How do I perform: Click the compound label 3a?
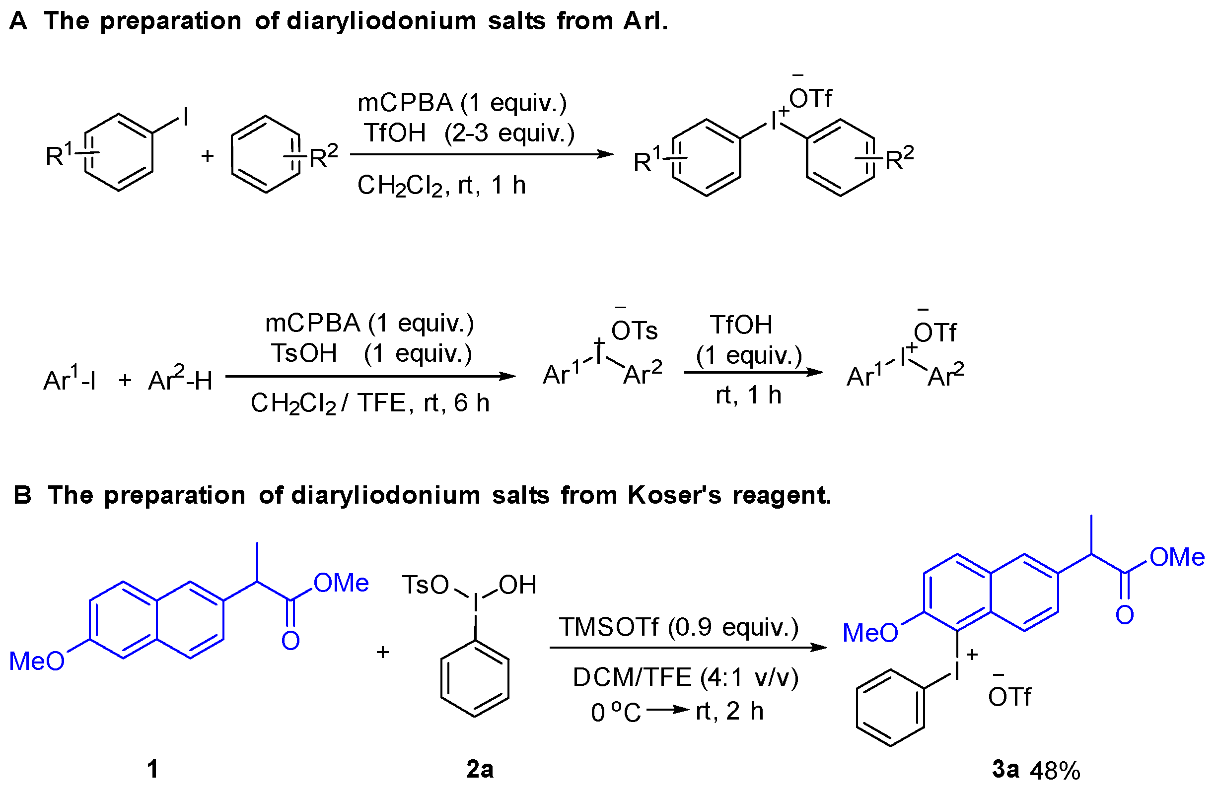(x=1005, y=769)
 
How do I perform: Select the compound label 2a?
(x=480, y=769)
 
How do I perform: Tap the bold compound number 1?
(x=152, y=769)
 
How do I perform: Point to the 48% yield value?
(x=1055, y=770)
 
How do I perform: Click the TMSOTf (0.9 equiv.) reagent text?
(x=678, y=627)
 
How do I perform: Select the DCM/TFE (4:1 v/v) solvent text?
(x=685, y=677)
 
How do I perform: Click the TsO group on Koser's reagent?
(x=425, y=585)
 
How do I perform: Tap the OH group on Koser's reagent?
(x=517, y=585)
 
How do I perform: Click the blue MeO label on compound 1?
(x=37, y=661)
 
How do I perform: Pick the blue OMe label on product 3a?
(x=1177, y=557)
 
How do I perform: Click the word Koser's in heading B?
(x=674, y=495)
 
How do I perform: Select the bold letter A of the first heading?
(x=18, y=21)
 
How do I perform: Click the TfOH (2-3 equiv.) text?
(x=469, y=133)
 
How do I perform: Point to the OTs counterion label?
(x=634, y=330)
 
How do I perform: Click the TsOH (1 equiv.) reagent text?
(x=371, y=353)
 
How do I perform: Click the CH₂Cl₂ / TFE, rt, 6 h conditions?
(x=369, y=403)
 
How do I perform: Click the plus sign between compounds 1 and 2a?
(x=383, y=652)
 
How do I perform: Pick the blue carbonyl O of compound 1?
(x=290, y=641)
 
